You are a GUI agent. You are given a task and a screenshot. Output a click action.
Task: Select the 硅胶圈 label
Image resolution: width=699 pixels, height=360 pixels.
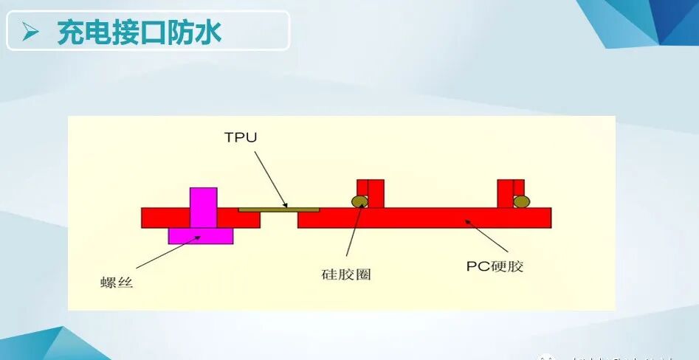[346, 274]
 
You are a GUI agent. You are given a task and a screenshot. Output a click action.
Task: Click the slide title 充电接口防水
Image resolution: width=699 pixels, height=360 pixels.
[140, 32]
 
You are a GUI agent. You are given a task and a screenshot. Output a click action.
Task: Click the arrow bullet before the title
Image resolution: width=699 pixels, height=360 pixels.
[30, 32]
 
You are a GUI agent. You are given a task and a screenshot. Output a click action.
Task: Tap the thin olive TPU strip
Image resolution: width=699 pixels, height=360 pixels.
[279, 210]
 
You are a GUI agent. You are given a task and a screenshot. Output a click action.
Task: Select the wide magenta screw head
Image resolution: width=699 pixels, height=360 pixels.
[201, 235]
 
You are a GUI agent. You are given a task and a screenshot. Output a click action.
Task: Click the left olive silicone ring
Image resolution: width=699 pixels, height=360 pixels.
[359, 201]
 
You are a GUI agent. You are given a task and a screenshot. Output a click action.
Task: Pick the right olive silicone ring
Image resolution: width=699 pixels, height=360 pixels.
[521, 201]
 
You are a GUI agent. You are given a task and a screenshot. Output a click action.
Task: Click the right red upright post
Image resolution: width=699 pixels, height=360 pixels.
[509, 193]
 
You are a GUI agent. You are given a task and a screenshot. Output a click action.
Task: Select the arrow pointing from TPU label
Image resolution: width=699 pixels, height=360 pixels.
[270, 179]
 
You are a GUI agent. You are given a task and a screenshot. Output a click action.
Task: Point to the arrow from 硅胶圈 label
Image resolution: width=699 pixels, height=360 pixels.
[354, 235]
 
